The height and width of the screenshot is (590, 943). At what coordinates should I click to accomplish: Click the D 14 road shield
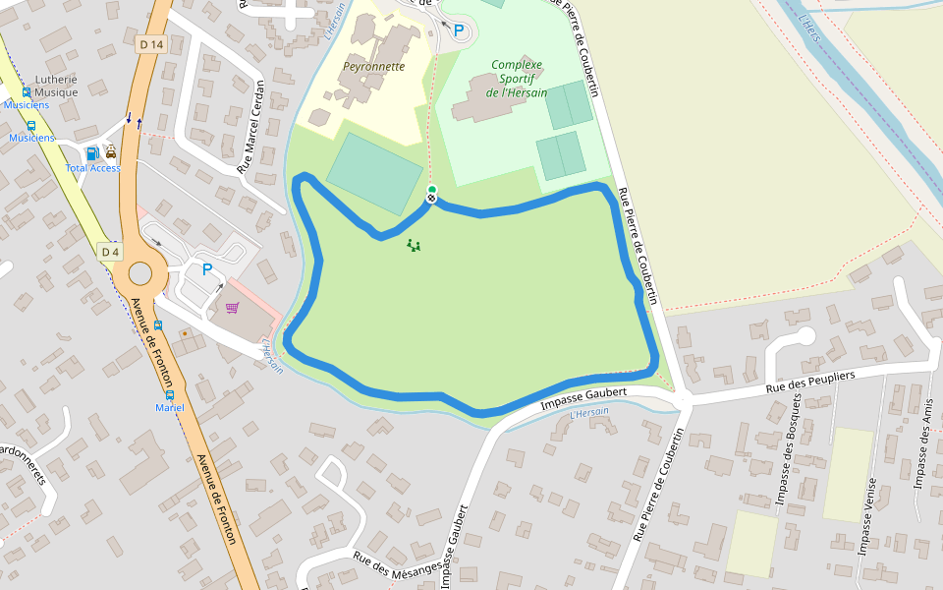[150, 44]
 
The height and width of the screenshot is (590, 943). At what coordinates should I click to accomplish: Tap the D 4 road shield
[111, 252]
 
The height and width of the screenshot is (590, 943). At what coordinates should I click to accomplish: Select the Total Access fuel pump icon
[92, 152]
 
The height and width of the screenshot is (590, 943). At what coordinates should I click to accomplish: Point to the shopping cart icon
[232, 308]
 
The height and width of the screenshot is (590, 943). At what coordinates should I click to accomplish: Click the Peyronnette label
[373, 67]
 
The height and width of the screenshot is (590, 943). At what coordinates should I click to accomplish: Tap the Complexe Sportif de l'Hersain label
[518, 79]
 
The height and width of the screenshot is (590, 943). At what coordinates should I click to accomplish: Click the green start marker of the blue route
[432, 190]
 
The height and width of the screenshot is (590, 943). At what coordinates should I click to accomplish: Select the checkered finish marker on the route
[430, 199]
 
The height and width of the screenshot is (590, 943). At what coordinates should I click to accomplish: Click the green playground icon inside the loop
[414, 245]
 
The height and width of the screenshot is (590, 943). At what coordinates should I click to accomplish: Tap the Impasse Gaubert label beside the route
[583, 398]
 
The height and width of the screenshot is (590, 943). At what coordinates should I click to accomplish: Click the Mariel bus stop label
[170, 407]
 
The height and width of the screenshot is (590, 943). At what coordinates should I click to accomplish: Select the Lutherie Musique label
[56, 86]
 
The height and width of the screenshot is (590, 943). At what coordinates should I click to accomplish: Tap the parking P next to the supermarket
[206, 268]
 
